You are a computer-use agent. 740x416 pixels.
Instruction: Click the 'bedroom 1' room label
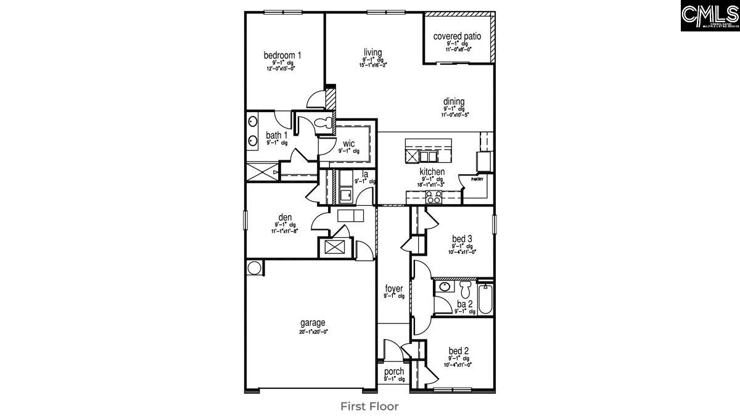click(x=282, y=55)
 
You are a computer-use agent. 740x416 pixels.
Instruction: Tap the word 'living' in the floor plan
click(x=372, y=52)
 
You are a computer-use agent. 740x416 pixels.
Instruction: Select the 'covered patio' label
click(x=457, y=36)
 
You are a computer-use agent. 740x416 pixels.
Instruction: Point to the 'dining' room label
click(x=453, y=102)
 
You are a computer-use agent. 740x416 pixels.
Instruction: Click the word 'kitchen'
click(x=432, y=172)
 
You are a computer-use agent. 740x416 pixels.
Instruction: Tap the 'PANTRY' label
click(x=477, y=179)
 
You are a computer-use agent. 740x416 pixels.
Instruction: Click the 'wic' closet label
click(x=348, y=144)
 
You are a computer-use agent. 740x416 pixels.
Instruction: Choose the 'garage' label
click(x=313, y=322)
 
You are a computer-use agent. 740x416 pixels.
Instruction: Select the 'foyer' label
click(x=394, y=288)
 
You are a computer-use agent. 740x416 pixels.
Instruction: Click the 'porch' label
click(x=394, y=372)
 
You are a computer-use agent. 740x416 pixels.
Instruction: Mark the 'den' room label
click(x=285, y=217)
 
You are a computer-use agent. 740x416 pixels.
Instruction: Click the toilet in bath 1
click(x=322, y=124)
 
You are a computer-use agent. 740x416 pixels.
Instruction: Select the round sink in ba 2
click(x=445, y=287)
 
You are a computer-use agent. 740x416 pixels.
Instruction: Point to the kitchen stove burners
click(x=434, y=197)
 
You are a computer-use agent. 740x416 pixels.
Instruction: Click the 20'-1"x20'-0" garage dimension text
click(x=313, y=331)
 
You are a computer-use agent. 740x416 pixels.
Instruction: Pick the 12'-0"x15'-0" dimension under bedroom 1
click(x=281, y=68)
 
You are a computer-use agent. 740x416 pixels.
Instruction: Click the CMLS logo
click(x=710, y=16)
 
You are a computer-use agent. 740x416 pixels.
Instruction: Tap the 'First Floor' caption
click(x=369, y=406)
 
